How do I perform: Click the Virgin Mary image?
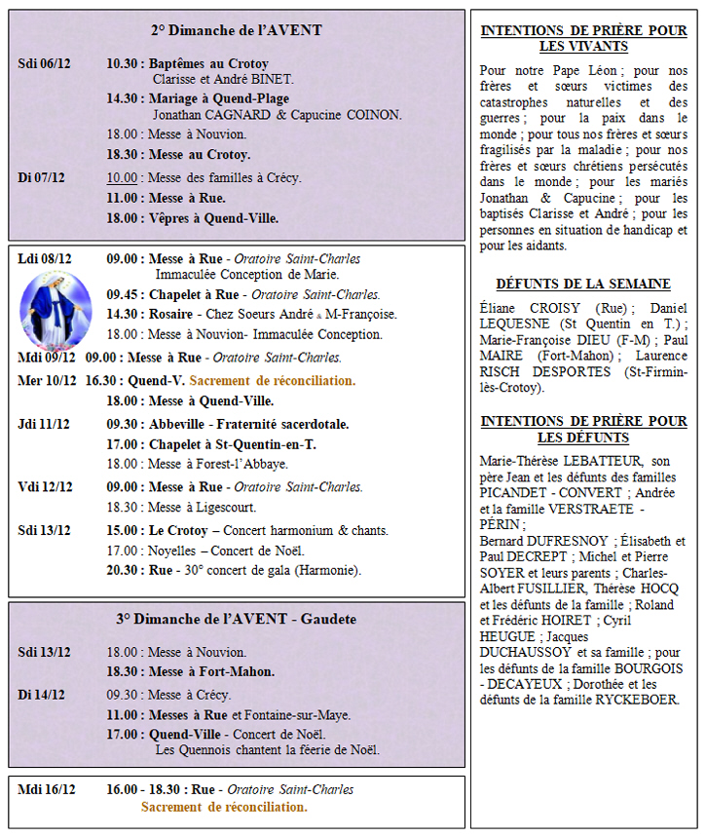pyautogui.click(x=55, y=311)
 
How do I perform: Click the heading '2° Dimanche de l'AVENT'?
pyautogui.click(x=236, y=30)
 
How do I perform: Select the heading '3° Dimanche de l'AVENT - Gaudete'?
pyautogui.click(x=236, y=619)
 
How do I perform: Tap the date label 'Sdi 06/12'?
pyautogui.click(x=44, y=63)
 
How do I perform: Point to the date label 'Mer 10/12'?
pyautogui.click(x=44, y=381)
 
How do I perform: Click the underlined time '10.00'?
pyautogui.click(x=122, y=177)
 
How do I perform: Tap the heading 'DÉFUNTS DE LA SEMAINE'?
pyautogui.click(x=582, y=284)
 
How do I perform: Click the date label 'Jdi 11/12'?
pyautogui.click(x=44, y=424)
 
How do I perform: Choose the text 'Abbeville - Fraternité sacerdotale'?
pyautogui.click(x=248, y=424)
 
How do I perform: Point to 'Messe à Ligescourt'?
pyautogui.click(x=204, y=508)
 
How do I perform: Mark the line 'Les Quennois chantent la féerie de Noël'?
pyautogui.click(x=267, y=750)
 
